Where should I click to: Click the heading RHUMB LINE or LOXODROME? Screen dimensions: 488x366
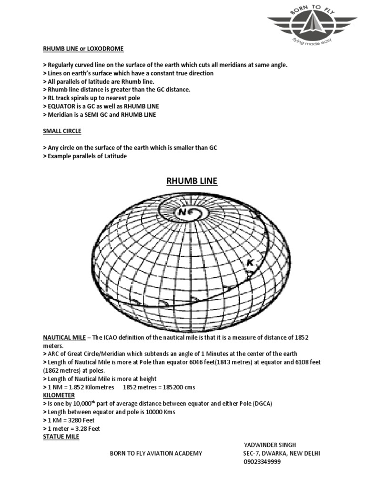tap(83, 49)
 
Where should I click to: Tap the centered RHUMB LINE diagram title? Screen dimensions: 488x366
tap(191, 181)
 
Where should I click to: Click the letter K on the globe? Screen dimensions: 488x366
tap(248, 263)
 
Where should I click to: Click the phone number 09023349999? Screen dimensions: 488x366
tap(262, 462)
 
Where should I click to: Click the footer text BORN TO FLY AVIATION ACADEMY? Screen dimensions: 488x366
tap(156, 453)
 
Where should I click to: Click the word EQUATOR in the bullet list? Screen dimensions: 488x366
tap(61, 106)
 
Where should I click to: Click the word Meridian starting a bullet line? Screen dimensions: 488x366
tap(60, 114)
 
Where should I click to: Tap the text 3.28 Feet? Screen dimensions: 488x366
tap(86, 428)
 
